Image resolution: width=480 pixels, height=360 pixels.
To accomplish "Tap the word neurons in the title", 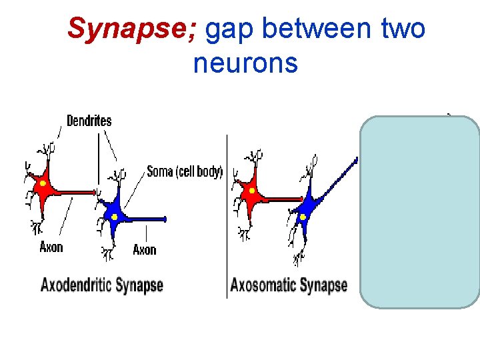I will (x=245, y=63).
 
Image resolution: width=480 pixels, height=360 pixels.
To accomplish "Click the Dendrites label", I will (x=89, y=121).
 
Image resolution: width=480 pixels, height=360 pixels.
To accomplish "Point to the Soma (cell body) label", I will (x=184, y=171).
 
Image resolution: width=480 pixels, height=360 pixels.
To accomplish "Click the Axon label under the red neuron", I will (x=51, y=247).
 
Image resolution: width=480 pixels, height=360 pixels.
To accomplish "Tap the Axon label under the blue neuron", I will (x=144, y=249).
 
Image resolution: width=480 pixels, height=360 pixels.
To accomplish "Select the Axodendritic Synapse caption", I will (x=102, y=285).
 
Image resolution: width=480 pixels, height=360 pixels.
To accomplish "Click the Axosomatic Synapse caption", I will (x=289, y=286).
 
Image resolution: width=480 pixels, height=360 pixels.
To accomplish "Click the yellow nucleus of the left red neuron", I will (x=43, y=183).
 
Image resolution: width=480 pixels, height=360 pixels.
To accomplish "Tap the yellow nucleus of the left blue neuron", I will (x=115, y=217).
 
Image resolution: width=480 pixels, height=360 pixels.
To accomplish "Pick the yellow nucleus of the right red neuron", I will (x=252, y=191).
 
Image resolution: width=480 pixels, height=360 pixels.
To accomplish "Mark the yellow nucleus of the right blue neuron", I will (x=303, y=217).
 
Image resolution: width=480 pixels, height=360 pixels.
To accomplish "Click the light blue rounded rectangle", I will (x=419, y=212).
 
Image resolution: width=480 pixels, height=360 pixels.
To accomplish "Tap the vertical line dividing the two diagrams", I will (x=227, y=213).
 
